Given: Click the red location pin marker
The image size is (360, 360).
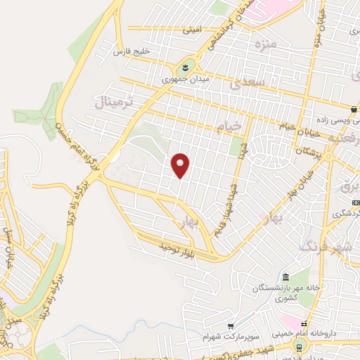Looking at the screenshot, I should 181,165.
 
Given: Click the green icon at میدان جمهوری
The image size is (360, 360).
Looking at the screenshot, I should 184,67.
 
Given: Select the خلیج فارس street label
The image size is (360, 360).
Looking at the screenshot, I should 133,52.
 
